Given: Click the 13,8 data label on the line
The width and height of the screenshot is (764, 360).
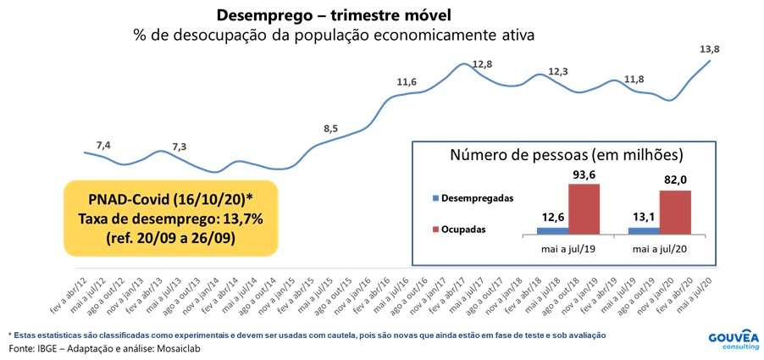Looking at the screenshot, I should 710,50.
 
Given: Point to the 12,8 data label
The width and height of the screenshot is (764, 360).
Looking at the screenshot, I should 482,64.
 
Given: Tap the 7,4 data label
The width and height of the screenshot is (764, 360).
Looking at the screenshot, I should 103,146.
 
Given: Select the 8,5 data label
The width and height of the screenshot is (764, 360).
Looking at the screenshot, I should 330,129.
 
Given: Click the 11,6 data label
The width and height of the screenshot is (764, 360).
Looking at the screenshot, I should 407,82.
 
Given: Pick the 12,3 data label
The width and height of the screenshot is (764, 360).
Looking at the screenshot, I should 557,72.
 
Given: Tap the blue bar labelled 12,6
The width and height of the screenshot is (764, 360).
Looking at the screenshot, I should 552,230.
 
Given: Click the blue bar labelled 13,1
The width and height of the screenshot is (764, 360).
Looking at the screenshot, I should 643,230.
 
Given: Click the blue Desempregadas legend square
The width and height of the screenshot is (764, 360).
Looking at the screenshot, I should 434,199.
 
